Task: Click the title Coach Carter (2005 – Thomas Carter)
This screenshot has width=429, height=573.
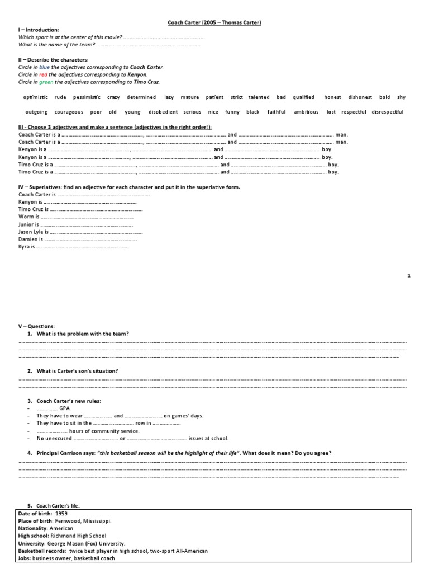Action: [x=215, y=22]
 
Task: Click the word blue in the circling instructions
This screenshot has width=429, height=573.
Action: [x=44, y=67]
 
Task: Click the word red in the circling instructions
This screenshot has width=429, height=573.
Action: [x=44, y=74]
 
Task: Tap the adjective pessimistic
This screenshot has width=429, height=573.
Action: [x=86, y=97]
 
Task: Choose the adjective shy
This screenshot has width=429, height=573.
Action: [x=401, y=97]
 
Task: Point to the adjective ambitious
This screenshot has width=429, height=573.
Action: [x=306, y=112]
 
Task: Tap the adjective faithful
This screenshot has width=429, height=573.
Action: [x=276, y=112]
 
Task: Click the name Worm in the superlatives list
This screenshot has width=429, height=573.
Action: [x=26, y=216]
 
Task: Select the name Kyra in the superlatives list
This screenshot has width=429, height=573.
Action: [x=25, y=246]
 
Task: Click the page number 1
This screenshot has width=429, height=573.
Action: [x=409, y=276]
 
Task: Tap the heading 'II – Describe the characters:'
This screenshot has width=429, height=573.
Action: [x=53, y=59]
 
